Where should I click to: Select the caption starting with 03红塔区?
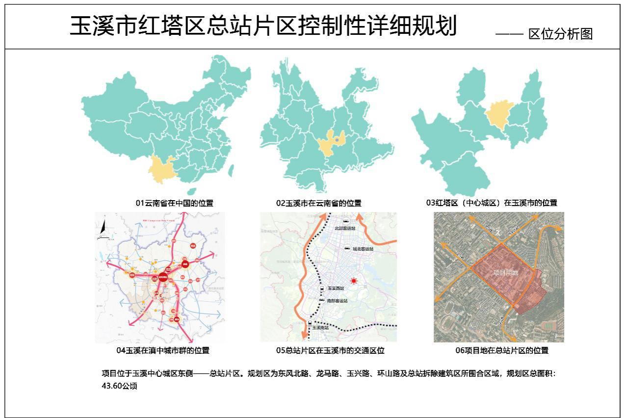click(x=492, y=203)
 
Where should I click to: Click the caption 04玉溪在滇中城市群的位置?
click(x=163, y=350)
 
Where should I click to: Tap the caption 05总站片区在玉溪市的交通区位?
click(x=330, y=350)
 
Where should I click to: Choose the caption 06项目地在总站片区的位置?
click(x=502, y=350)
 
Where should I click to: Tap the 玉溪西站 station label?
click(x=336, y=288)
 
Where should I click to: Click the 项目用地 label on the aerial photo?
click(x=505, y=272)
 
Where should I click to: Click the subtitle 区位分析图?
click(x=560, y=34)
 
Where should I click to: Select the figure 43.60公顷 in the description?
click(x=119, y=386)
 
